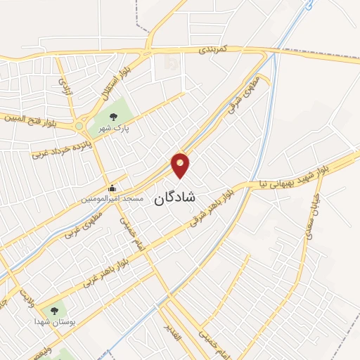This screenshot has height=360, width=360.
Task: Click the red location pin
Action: (181, 165)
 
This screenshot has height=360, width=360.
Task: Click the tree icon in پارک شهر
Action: (113, 116)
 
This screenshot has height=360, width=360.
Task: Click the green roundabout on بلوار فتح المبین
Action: (80, 127)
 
